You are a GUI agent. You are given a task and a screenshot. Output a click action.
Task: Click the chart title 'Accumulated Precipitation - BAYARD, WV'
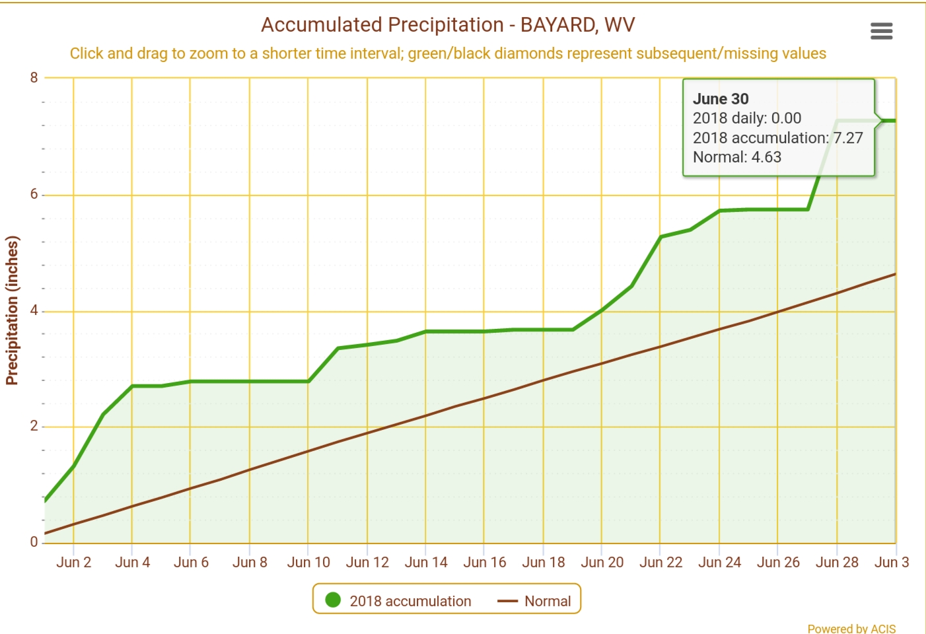pos(448,25)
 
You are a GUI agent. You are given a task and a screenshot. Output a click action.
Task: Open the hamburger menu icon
pos(881,31)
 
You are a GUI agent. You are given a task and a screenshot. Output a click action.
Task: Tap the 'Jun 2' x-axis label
pos(73,562)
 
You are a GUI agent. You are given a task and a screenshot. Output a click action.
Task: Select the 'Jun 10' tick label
pos(308,562)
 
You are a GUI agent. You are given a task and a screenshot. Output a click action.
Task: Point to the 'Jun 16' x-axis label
pos(484,562)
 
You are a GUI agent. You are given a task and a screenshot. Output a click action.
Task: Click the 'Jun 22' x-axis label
pos(660,562)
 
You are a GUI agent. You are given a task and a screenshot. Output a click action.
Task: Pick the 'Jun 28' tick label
pos(837,562)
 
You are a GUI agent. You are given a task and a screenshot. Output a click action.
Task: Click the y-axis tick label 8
pos(34,77)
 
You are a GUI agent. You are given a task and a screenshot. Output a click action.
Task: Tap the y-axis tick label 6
pos(34,194)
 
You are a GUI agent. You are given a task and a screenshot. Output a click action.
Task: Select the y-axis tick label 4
pos(34,310)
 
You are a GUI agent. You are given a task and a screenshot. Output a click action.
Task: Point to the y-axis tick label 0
pos(34,542)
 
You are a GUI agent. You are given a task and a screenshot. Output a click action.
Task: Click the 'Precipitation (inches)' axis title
pos(12,310)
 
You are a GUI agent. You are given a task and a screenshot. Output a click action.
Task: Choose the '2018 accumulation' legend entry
pos(410,601)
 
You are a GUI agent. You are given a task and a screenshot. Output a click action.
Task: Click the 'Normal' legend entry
pos(547,601)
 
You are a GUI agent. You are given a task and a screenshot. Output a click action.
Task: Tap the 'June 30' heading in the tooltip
pos(721,99)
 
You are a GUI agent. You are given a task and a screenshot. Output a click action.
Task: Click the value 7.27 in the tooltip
pos(848,138)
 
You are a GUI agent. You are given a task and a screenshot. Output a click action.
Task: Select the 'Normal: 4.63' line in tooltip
pos(736,157)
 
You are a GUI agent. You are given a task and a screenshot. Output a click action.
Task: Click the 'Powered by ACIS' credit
pos(851,629)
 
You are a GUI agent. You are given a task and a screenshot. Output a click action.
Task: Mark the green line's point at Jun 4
pos(132,386)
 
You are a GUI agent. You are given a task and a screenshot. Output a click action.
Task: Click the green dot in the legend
pos(333,600)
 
